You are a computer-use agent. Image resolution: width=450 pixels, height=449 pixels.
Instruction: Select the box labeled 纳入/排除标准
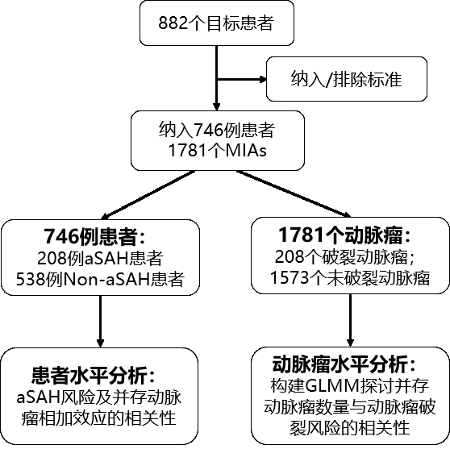click(x=347, y=79)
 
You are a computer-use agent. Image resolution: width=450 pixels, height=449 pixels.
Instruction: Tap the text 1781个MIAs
click(x=217, y=150)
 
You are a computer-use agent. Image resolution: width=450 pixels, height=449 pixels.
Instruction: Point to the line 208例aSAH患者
click(x=100, y=258)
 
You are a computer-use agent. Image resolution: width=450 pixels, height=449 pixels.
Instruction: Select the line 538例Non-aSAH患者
click(x=99, y=279)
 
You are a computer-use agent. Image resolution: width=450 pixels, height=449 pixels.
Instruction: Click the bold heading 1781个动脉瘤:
click(x=344, y=235)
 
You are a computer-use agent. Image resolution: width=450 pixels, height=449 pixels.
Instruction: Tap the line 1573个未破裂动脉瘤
click(x=350, y=277)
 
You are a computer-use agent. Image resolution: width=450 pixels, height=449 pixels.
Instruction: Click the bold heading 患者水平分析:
click(x=94, y=375)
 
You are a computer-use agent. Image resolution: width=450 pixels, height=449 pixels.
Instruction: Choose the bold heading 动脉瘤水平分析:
click(x=344, y=364)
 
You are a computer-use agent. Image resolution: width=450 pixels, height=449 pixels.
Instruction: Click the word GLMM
click(x=329, y=386)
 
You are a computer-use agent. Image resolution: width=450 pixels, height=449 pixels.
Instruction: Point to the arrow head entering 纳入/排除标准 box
click(x=263, y=79)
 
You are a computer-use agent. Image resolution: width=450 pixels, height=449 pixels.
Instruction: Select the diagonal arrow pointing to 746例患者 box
click(x=148, y=195)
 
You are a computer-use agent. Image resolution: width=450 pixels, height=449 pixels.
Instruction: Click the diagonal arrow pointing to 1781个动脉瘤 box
click(x=294, y=193)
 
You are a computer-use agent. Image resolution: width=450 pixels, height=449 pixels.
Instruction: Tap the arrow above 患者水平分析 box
click(x=100, y=322)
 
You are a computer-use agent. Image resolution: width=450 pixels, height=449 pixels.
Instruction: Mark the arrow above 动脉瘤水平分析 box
click(x=350, y=320)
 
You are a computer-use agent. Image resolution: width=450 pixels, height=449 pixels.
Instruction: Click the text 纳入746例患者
click(x=217, y=130)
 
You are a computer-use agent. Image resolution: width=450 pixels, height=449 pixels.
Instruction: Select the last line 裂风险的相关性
click(x=349, y=428)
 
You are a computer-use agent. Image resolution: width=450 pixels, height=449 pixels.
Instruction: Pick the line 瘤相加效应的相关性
click(x=98, y=418)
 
